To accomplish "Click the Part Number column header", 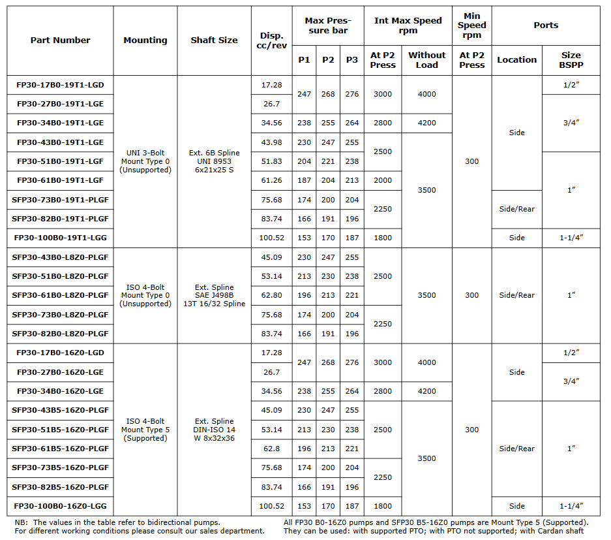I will (x=60, y=40).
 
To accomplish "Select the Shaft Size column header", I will (x=214, y=40).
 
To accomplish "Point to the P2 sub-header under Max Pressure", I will (x=328, y=60).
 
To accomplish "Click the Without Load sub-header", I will (x=426, y=60).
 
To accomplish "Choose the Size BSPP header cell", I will (x=571, y=60).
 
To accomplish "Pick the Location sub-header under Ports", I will (x=516, y=60).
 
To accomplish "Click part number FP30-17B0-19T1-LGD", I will (x=60, y=85).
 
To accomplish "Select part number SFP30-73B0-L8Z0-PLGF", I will (x=60, y=315).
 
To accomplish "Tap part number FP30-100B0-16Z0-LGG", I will (x=60, y=506).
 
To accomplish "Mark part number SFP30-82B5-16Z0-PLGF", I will (x=60, y=487).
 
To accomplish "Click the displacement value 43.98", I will (x=271, y=142).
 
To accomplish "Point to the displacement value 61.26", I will (x=271, y=181).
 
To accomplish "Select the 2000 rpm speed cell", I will (x=383, y=181).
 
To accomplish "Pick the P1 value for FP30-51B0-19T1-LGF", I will (x=304, y=161).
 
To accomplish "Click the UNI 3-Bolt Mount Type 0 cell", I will (x=145, y=161).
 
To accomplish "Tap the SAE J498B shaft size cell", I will (x=214, y=295).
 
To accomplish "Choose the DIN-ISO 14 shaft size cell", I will (x=214, y=430).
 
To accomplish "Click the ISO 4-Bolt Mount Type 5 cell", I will (x=145, y=430).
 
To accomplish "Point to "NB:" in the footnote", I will (x=22, y=522).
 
